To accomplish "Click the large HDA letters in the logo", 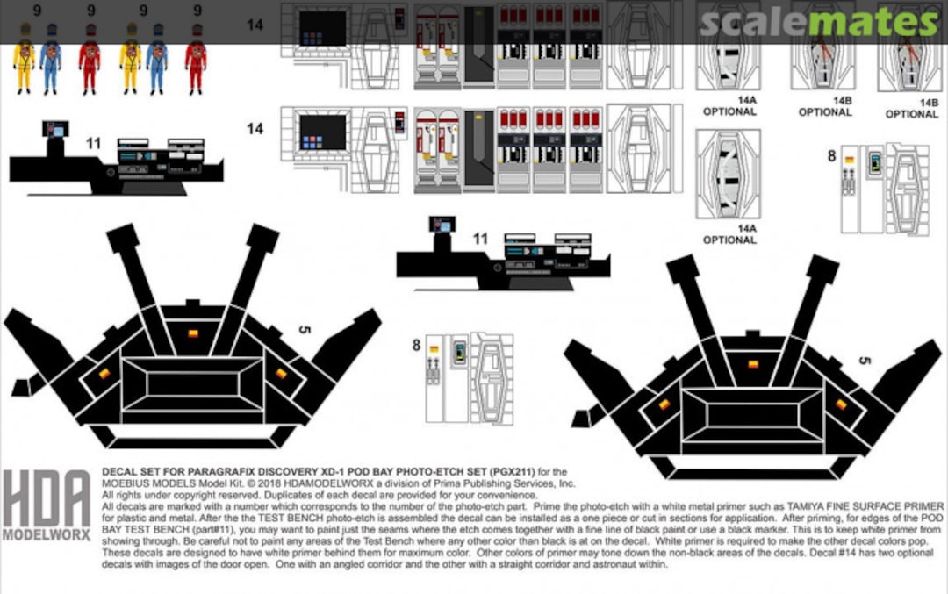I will click(46, 499).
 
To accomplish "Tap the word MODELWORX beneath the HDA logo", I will click(46, 534).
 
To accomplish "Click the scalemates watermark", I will click(822, 21).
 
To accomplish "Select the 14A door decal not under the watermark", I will click(729, 174).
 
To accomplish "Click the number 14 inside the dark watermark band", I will click(255, 25).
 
